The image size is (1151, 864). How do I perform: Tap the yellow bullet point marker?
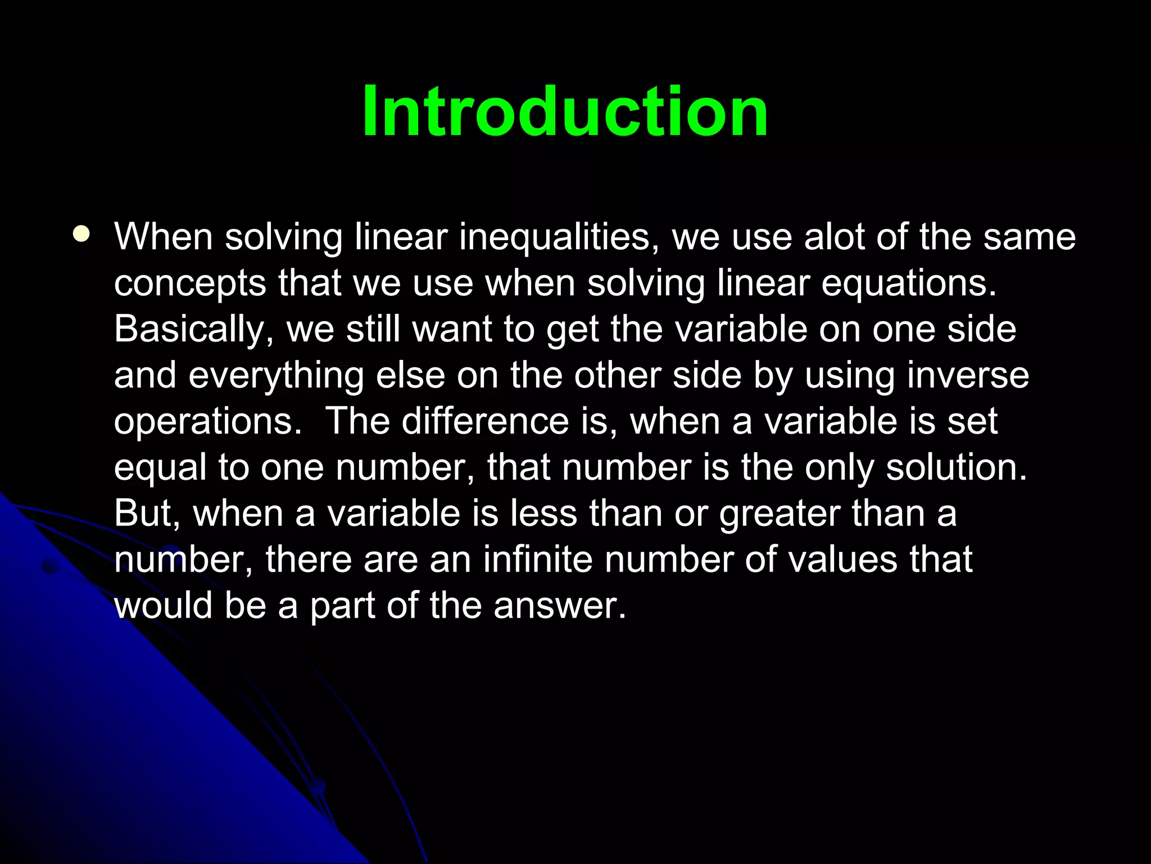81,233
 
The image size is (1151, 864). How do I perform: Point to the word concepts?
190,284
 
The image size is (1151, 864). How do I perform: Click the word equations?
908,283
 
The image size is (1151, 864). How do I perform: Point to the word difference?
485,421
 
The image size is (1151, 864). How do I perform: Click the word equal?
160,469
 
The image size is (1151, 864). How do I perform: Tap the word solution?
956,467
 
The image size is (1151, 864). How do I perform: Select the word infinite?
537,560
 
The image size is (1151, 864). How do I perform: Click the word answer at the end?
559,606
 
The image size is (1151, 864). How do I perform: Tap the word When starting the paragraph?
164,237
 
